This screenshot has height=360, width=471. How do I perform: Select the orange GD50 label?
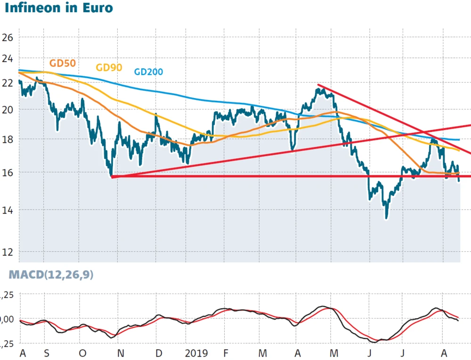[x=62, y=63]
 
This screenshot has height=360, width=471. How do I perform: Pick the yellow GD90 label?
[x=109, y=67]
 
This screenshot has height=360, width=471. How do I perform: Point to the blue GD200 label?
[x=148, y=72]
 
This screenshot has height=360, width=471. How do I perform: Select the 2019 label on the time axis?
[x=196, y=352]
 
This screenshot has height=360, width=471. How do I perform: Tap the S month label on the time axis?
[x=46, y=352]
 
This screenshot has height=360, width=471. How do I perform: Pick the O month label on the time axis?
[x=83, y=352]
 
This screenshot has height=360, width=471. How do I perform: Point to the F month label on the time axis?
[x=226, y=352]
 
